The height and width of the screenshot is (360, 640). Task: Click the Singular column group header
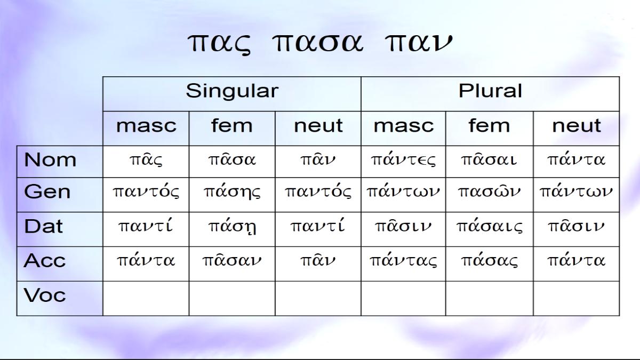point(232,91)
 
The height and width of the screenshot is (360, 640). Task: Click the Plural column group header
point(490,91)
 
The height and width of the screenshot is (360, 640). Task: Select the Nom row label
point(50,159)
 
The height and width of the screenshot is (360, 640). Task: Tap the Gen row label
point(47,191)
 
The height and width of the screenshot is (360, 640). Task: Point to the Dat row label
point(43,226)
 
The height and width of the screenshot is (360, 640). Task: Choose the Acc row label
point(45,261)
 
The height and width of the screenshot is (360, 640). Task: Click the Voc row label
point(45,295)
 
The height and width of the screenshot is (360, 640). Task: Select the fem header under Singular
point(232,125)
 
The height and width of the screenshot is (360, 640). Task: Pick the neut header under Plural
point(577,126)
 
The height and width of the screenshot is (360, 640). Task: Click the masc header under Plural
point(404,126)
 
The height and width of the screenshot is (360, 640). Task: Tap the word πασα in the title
point(318,43)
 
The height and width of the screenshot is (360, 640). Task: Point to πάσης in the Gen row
point(232,191)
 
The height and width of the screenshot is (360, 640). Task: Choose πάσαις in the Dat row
point(490,227)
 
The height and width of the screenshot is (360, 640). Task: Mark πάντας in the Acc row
point(403,261)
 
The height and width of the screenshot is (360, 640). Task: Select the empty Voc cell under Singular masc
point(146,299)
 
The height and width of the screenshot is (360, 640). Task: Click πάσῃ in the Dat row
point(232,227)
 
